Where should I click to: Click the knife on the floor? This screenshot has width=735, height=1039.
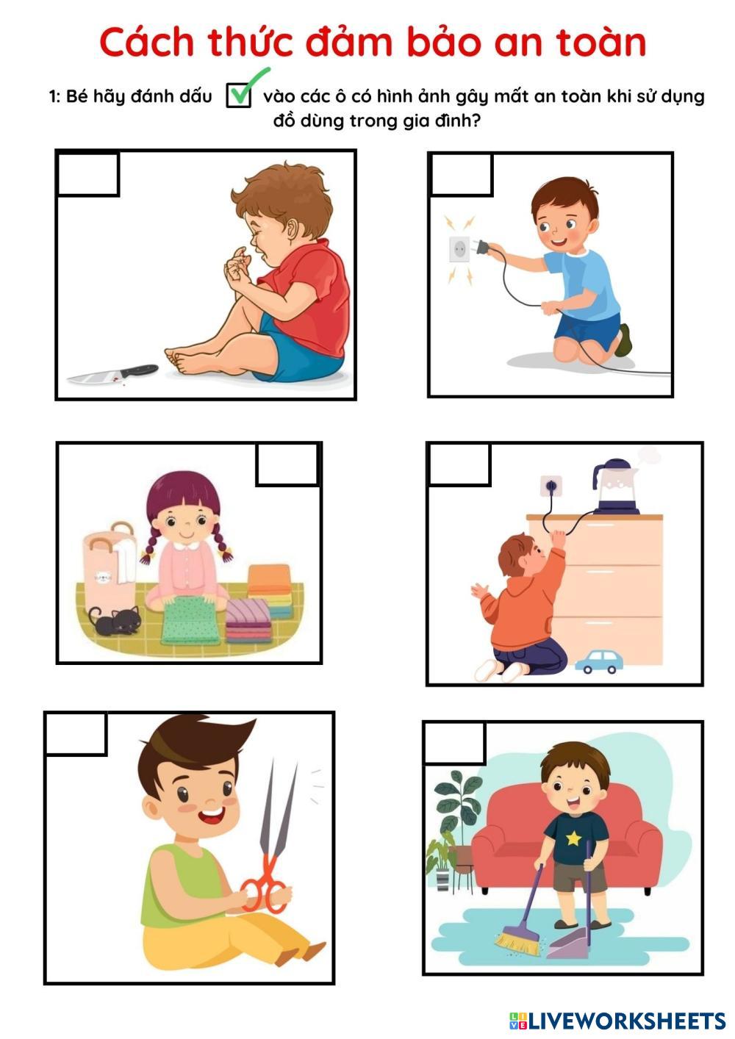tap(112, 374)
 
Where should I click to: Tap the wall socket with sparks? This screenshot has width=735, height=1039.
tap(459, 250)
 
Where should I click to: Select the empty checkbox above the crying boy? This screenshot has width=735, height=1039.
tap(87, 174)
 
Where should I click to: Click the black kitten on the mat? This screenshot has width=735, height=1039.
tap(115, 620)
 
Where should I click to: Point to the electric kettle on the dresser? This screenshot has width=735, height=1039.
tap(616, 487)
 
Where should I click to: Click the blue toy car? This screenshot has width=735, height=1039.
tap(599, 661)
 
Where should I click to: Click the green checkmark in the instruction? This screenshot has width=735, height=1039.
tap(245, 87)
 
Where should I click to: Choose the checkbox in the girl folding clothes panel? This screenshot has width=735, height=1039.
tap(287, 464)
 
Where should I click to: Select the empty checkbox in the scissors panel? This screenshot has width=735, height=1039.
tap(76, 734)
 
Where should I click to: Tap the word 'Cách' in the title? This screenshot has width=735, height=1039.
tap(146, 43)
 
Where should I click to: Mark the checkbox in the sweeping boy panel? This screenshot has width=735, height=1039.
tap(455, 743)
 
